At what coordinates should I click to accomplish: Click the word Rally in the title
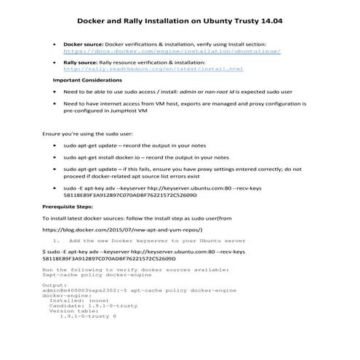pos(165,21)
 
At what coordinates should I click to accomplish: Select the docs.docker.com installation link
pos(172,52)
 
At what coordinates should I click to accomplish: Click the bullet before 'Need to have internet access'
pos(56,104)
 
